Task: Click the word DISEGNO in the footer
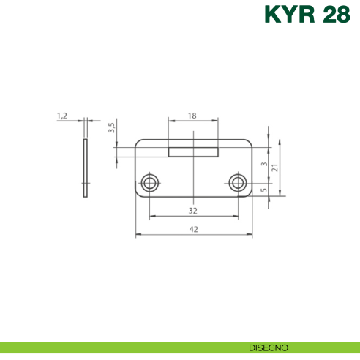(268, 348)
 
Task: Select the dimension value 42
(194, 229)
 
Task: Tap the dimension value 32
(193, 211)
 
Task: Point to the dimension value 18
(193, 116)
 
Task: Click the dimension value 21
(274, 168)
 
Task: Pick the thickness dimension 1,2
(62, 116)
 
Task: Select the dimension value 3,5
(111, 127)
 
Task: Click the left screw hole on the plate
(150, 182)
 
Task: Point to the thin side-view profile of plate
(85, 168)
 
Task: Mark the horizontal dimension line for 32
(168, 217)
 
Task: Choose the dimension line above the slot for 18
(179, 121)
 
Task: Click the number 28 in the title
(337, 16)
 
